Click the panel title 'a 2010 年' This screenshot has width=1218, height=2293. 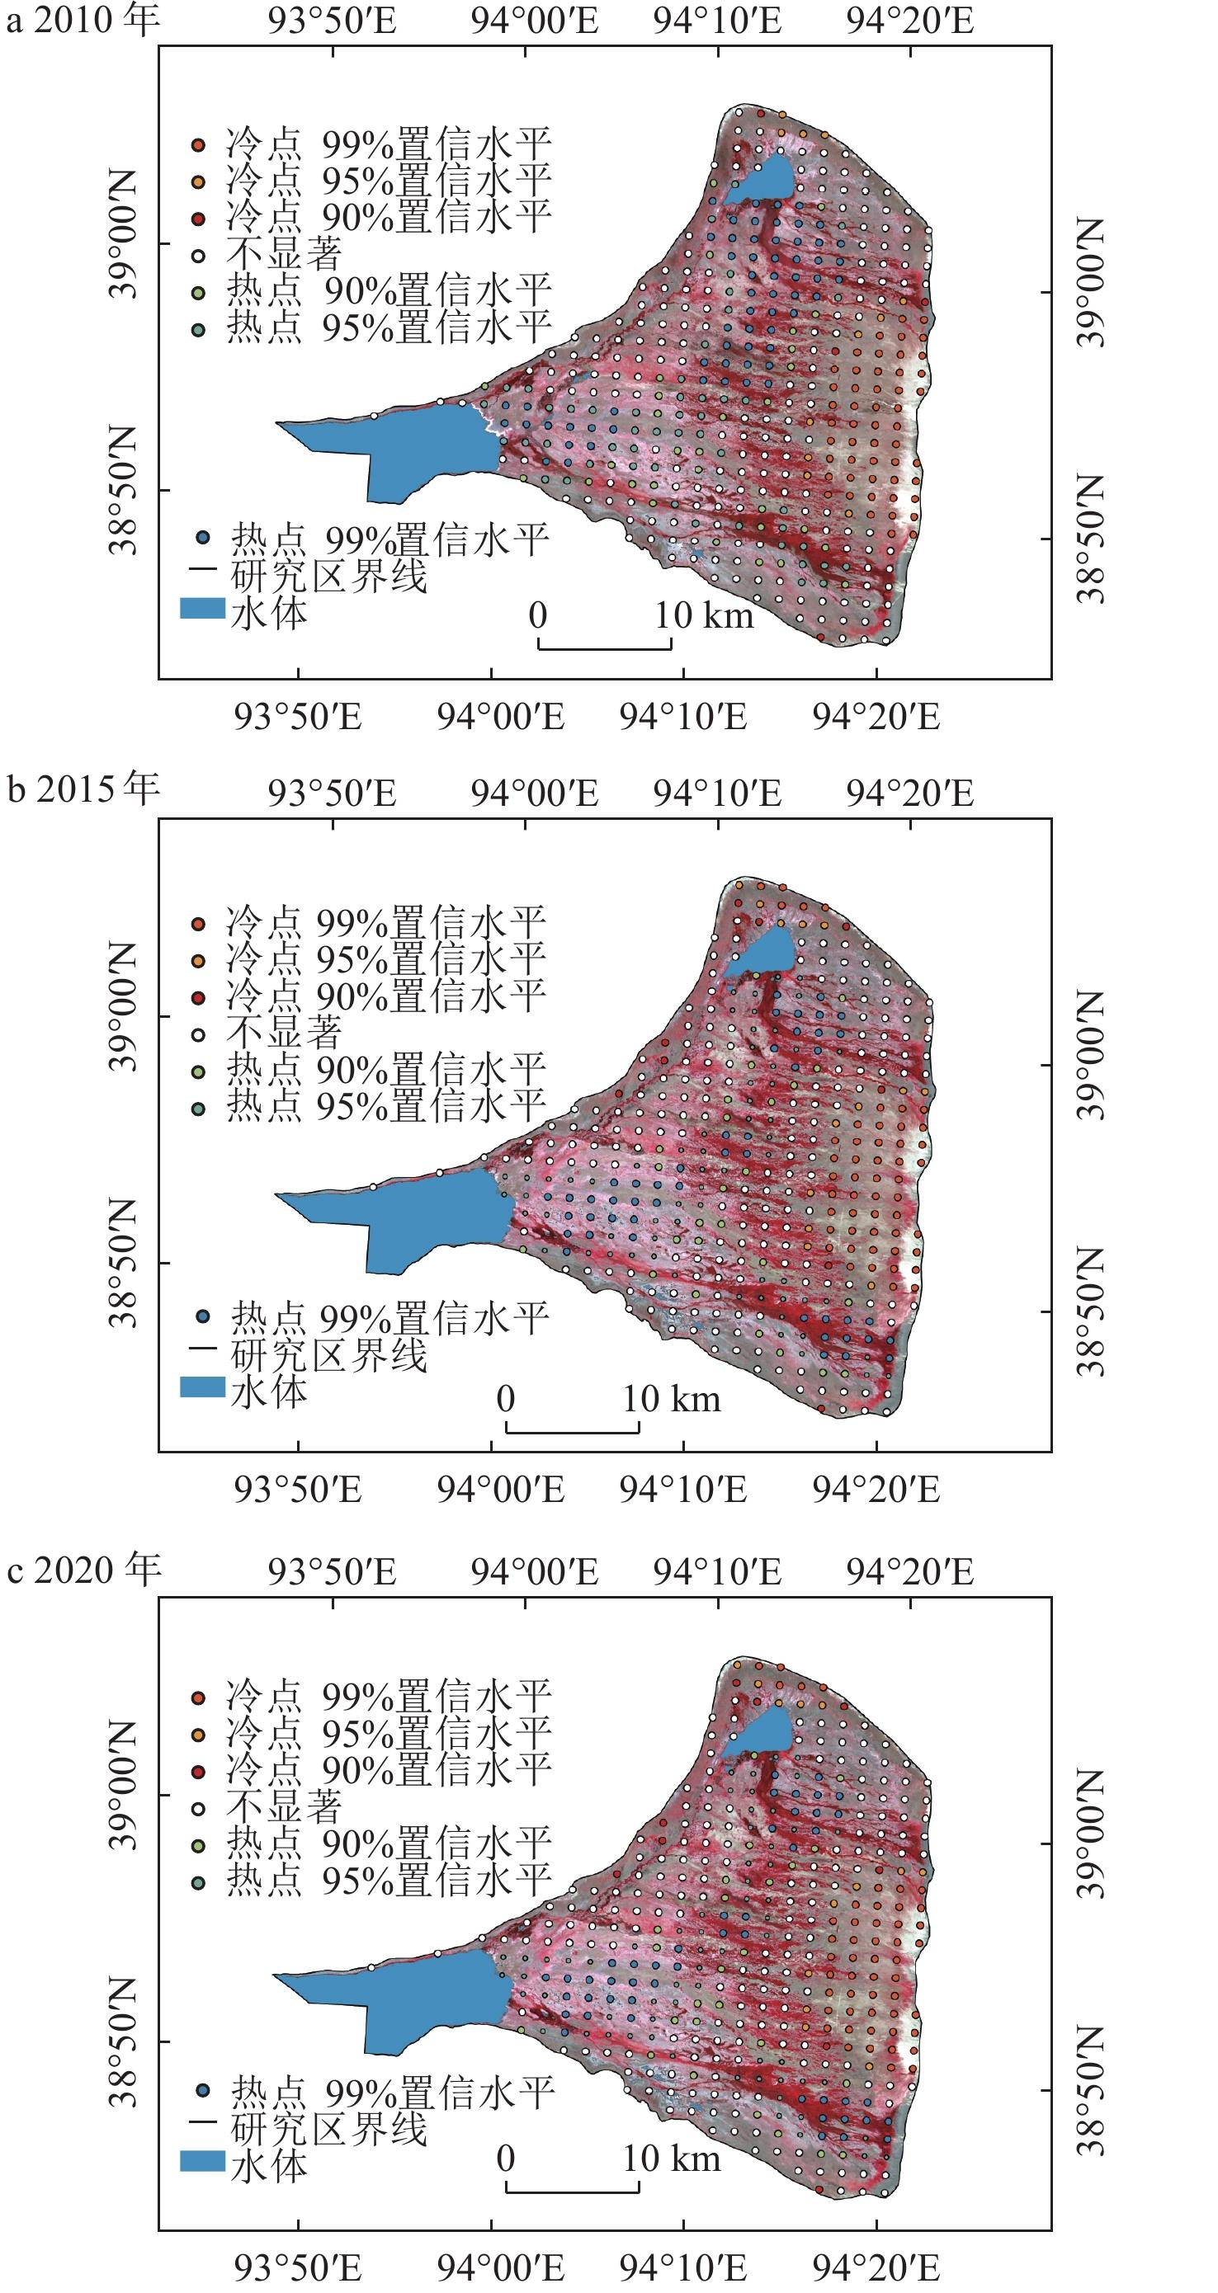[x=83, y=20]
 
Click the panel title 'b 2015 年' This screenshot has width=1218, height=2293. [x=83, y=789]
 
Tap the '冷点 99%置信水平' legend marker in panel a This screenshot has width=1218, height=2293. [x=199, y=144]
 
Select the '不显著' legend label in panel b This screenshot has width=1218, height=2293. [x=284, y=1033]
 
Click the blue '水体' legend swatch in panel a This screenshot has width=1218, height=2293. [x=202, y=609]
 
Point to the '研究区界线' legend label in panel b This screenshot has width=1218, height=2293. [x=328, y=1355]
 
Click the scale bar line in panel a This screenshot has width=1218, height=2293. [x=605, y=649]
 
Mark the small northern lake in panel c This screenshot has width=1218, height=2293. [x=759, y=1731]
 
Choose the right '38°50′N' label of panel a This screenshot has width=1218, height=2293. [x=1091, y=539]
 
